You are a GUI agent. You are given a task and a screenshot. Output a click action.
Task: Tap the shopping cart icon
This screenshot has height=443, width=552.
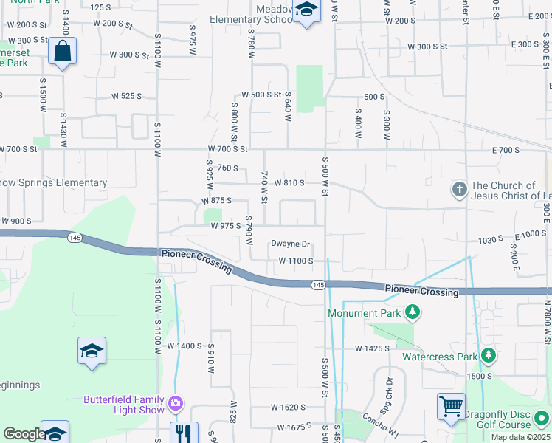click(451, 405)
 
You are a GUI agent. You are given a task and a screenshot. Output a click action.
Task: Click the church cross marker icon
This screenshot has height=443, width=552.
click(458, 190)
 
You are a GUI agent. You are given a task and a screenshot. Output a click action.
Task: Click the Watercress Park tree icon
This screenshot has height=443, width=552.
click(487, 356)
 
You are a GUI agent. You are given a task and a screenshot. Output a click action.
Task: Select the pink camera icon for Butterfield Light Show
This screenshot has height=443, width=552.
click(176, 403)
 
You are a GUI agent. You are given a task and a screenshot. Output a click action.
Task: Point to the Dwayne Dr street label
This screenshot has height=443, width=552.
click(290, 244)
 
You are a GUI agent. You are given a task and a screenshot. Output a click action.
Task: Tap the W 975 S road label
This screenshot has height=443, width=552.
click(226, 226)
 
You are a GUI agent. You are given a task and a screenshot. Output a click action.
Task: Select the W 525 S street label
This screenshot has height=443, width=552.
click(126, 96)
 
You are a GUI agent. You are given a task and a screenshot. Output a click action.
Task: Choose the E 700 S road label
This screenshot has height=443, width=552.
click(506, 150)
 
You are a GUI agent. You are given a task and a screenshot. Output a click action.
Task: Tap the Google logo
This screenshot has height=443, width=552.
click(24, 434)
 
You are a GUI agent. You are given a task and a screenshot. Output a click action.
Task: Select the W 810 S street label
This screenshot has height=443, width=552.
click(289, 182)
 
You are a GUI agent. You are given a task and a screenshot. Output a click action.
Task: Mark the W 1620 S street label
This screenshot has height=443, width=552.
click(288, 407)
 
